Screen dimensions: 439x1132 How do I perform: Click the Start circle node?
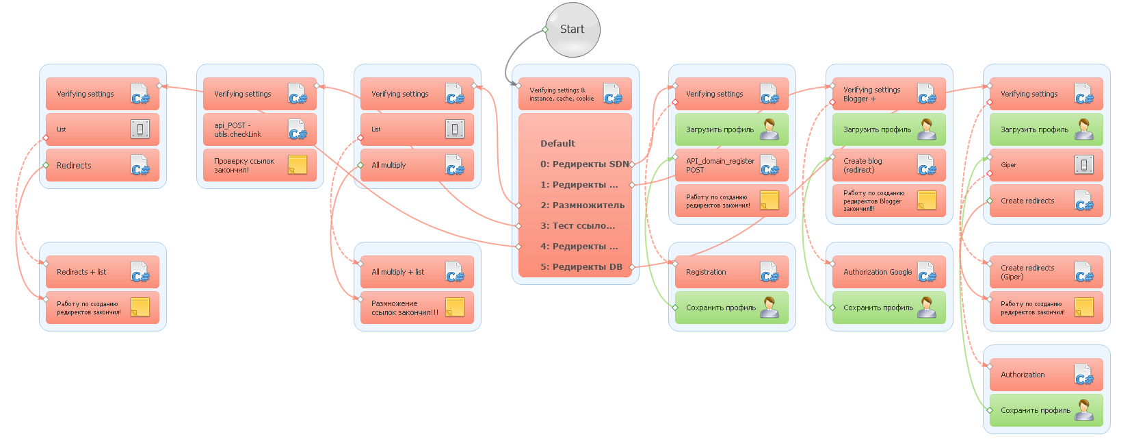(572, 29)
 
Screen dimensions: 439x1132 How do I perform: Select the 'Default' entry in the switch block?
(557, 144)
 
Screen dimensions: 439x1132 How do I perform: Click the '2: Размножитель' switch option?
(582, 205)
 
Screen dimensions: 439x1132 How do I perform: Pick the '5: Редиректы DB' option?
(581, 267)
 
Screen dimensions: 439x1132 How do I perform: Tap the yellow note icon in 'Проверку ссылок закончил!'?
(298, 164)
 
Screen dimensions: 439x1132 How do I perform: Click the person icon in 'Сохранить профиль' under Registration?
(769, 308)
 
